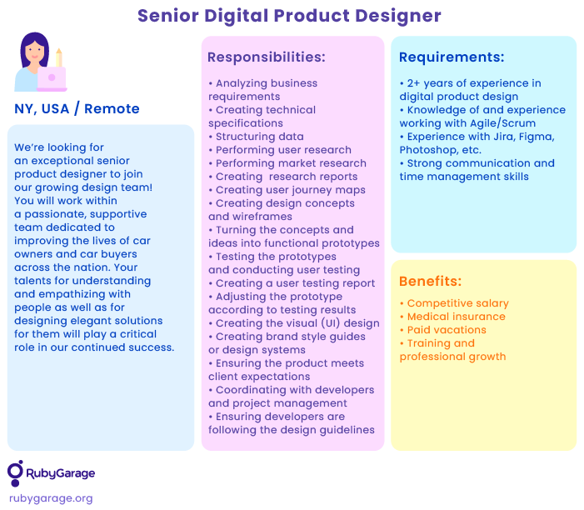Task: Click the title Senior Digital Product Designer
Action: [289, 16]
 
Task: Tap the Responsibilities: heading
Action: [267, 57]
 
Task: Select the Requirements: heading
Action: [452, 57]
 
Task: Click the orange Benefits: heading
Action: [430, 282]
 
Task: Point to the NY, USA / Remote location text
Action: [77, 109]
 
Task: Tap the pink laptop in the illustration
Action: [52, 78]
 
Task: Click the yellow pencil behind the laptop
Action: [59, 57]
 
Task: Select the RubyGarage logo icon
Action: [15, 473]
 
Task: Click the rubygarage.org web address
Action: [51, 498]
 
